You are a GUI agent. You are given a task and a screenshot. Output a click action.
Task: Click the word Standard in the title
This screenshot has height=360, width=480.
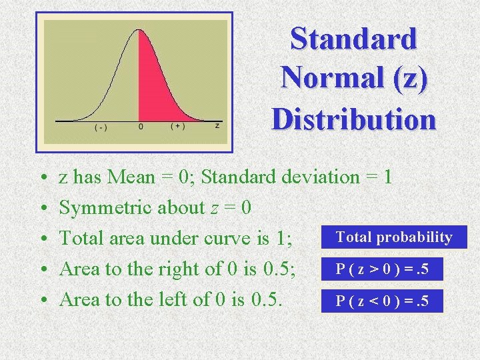353,38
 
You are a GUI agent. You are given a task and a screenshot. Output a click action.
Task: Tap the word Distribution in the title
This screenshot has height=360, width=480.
353,119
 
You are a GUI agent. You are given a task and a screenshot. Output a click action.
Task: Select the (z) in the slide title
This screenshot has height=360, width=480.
405,78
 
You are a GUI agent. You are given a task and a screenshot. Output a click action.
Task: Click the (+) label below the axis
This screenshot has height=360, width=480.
178,126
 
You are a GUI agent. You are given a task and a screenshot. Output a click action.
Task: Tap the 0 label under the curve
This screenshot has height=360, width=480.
141,126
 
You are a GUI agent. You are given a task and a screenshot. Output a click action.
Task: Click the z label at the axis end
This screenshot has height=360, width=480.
217,125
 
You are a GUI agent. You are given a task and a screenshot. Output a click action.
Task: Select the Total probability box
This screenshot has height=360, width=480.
393,237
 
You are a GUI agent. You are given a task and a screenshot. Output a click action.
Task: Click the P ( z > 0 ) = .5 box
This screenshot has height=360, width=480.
382,269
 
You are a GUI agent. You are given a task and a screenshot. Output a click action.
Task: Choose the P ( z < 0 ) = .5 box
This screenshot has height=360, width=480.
382,301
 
